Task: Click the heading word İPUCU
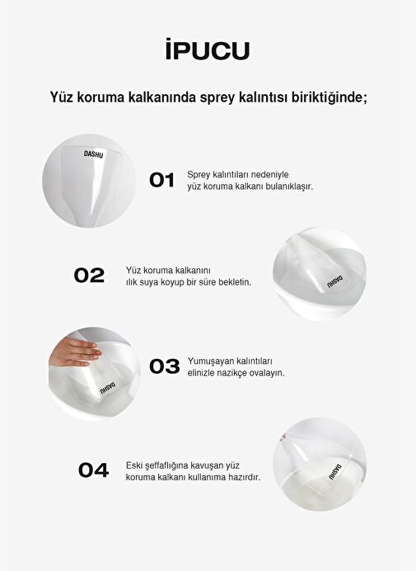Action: (208, 50)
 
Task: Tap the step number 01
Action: (161, 180)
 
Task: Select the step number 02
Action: (89, 276)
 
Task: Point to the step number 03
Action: (165, 366)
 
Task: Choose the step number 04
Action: (93, 470)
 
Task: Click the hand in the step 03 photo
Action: (74, 352)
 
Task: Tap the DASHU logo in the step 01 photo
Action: (93, 154)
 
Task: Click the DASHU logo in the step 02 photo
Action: (334, 281)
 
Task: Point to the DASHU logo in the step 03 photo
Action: (108, 388)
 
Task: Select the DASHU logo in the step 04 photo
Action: (335, 472)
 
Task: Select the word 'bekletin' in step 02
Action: (235, 282)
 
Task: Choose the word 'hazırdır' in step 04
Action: (245, 477)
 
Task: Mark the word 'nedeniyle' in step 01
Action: (270, 174)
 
